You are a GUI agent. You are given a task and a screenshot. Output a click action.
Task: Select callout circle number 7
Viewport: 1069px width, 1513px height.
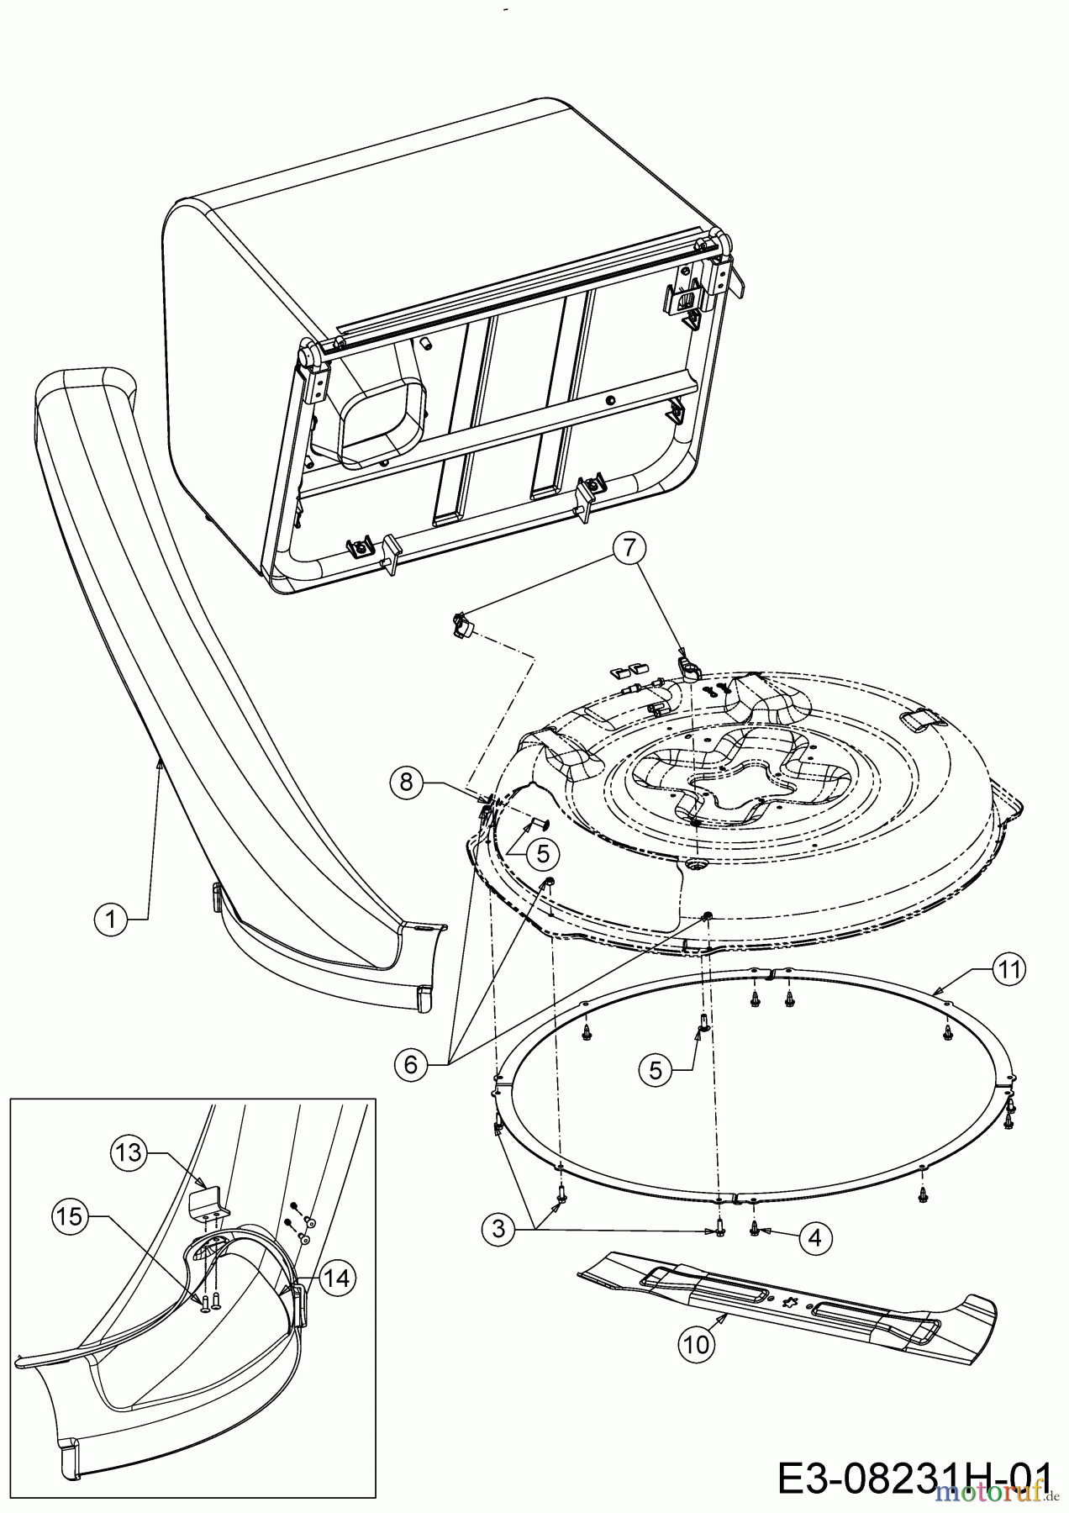point(636,549)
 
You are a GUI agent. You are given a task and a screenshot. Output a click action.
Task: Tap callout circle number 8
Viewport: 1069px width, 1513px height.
point(407,783)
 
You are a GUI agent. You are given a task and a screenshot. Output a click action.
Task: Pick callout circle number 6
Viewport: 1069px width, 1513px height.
point(410,1065)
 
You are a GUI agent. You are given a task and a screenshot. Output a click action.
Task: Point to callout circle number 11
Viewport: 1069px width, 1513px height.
point(1008,969)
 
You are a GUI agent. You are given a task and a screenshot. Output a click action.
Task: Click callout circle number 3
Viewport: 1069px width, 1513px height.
point(499,1229)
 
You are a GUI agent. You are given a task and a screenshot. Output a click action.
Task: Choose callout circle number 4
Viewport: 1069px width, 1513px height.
point(815,1236)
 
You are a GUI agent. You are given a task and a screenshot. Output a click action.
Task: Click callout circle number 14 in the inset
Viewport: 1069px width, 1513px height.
point(335,1278)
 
